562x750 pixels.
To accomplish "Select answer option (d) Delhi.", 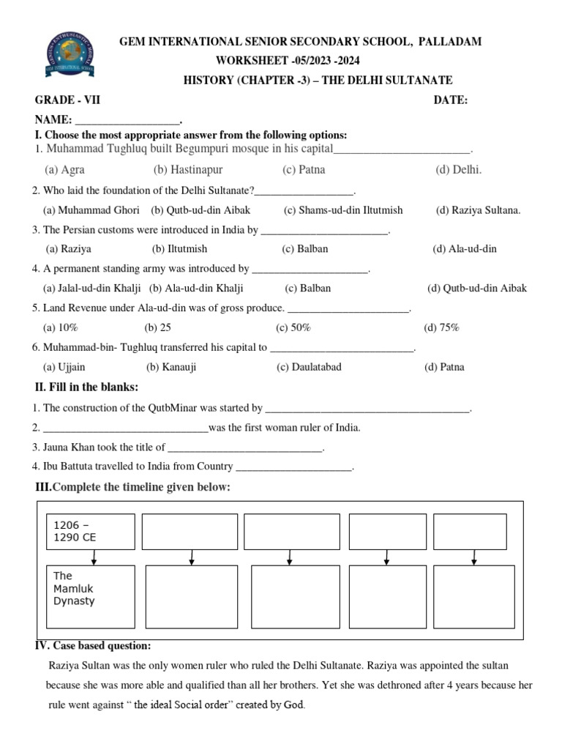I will click(x=459, y=170).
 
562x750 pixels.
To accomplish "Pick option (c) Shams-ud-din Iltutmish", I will click(x=343, y=210).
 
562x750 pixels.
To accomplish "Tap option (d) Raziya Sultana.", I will click(x=479, y=210).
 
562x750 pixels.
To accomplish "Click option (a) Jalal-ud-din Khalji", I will click(x=91, y=289).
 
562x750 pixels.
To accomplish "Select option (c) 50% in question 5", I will click(x=293, y=328).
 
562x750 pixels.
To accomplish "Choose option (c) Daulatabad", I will click(x=309, y=367).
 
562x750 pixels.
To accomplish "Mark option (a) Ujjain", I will click(x=64, y=367).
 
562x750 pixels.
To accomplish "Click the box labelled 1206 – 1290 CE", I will click(x=91, y=531).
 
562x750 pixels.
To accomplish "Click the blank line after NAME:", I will click(x=127, y=120).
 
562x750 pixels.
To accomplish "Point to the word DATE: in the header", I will click(x=451, y=100).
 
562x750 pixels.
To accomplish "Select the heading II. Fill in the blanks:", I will click(x=86, y=387).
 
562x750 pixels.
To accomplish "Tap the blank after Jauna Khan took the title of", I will click(x=245, y=447).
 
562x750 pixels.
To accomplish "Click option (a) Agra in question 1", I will click(x=64, y=170).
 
